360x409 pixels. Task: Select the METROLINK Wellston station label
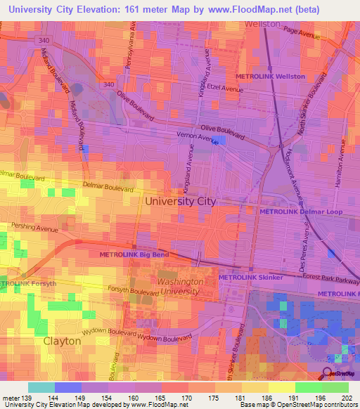270,76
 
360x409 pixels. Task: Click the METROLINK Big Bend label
133,254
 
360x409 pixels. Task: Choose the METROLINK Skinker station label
250,278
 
